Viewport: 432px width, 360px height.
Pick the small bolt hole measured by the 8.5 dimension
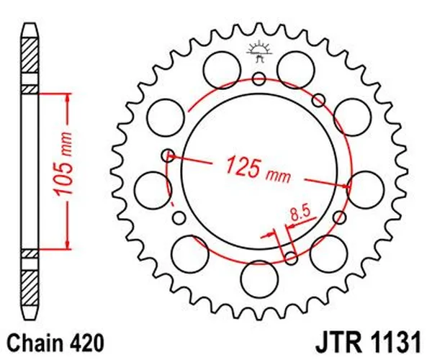coord(291,258)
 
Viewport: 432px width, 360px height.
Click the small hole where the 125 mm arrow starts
coord(169,153)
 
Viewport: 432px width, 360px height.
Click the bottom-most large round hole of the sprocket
coord(258,278)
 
